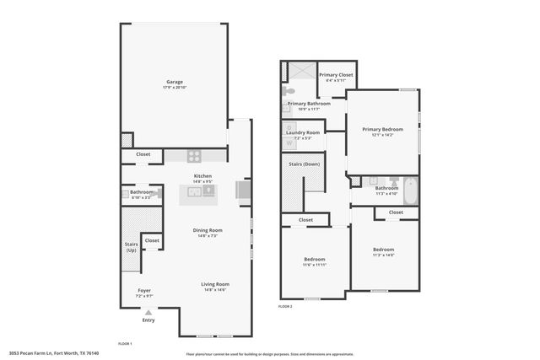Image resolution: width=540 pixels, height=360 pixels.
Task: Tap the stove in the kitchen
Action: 194,156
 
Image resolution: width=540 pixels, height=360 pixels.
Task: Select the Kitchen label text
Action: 202,175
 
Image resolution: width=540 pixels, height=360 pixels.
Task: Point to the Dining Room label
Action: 208,230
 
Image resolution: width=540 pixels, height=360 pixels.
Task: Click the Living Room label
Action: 214,284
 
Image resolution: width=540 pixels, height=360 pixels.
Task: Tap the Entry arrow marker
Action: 148,312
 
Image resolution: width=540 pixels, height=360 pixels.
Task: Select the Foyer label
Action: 145,290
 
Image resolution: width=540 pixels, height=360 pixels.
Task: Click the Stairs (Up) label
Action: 131,247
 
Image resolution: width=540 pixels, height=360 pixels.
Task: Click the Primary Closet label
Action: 336,75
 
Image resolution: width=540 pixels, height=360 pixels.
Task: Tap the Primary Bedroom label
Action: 382,129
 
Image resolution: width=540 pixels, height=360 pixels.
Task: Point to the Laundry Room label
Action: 303,132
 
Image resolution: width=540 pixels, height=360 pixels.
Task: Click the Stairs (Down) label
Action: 304,164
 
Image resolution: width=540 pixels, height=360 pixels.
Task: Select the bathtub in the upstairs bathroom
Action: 410,191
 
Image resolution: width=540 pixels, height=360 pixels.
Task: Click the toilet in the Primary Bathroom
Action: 289,91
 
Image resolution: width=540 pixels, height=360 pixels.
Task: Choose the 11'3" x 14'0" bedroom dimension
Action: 384,255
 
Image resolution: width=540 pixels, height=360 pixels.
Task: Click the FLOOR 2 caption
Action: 285,307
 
